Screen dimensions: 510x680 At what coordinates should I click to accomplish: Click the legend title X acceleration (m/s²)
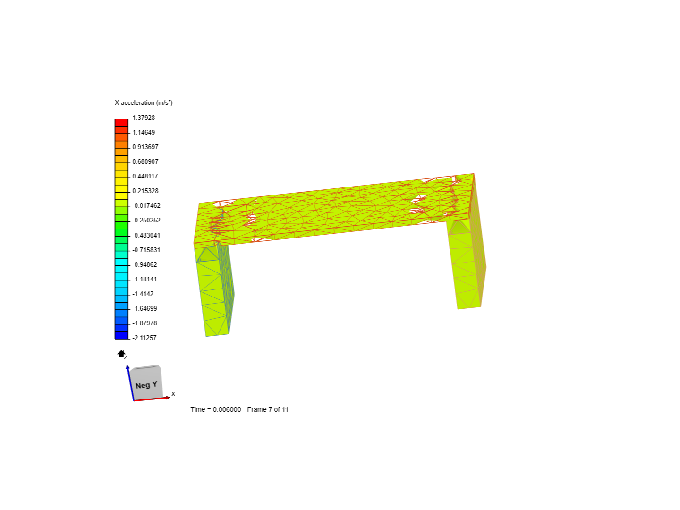pos(144,102)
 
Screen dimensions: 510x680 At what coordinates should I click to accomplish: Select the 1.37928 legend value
pos(144,118)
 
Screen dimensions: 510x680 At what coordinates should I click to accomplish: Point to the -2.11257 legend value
pos(144,338)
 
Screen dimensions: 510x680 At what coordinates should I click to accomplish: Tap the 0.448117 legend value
pos(145,176)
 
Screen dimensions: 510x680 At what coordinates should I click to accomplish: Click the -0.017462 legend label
pos(146,205)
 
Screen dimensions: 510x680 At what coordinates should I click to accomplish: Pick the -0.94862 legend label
pos(144,264)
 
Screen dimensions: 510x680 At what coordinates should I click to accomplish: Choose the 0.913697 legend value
pos(145,147)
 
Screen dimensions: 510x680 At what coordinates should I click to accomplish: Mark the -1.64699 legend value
pos(144,308)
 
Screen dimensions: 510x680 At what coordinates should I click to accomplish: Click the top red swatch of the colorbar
pos(121,122)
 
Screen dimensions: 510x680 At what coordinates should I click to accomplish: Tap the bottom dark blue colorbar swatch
pos(121,335)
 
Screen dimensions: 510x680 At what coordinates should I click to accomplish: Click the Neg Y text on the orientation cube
pos(146,385)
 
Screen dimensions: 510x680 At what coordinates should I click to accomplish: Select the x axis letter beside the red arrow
pos(173,393)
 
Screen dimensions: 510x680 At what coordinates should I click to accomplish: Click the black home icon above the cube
pos(121,354)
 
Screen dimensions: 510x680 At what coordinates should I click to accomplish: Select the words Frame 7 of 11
pos(268,409)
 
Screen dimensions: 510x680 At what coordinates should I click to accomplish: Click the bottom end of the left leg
pos(217,335)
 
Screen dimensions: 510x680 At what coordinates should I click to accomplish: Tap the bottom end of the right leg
pos(469,308)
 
